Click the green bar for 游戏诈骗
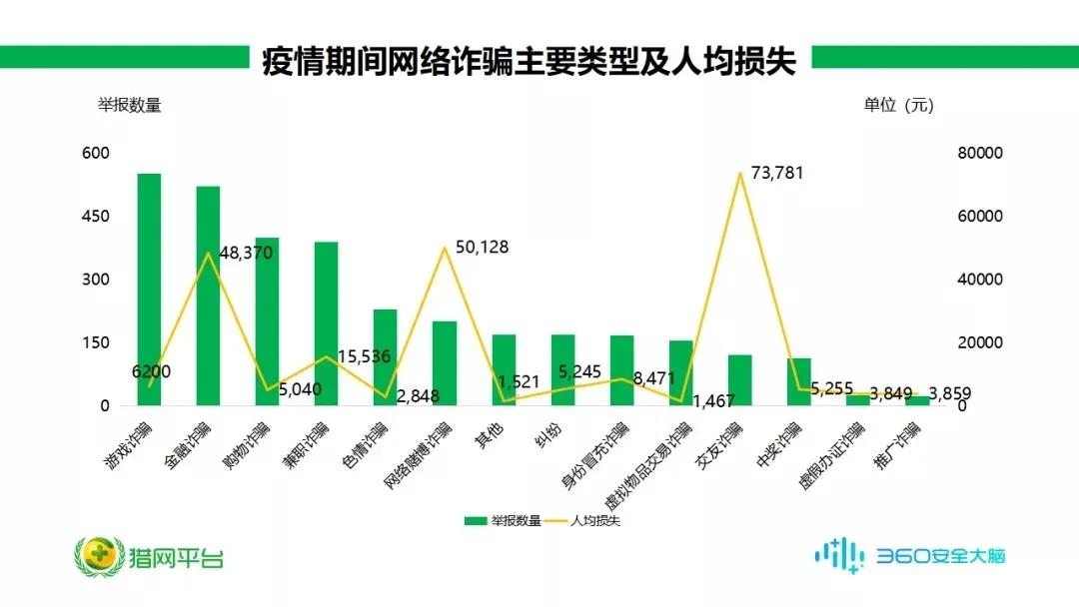click(x=149, y=290)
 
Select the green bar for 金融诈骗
click(x=208, y=296)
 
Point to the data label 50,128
click(x=482, y=247)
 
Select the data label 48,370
click(x=246, y=254)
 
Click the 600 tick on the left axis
click(x=96, y=154)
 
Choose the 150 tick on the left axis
click(x=96, y=343)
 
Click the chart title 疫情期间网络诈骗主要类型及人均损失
click(x=529, y=62)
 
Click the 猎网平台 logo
click(x=150, y=554)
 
